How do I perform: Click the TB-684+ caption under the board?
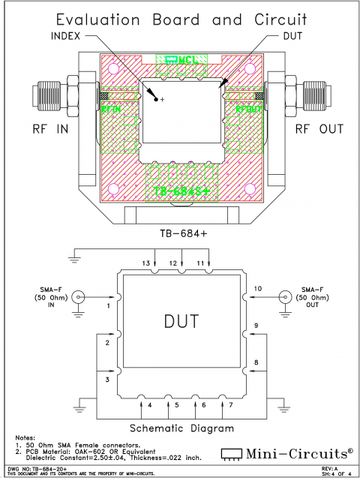pyautogui.click(x=180, y=233)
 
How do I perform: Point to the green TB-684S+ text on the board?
pyautogui.click(x=181, y=192)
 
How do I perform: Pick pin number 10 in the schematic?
pyautogui.click(x=257, y=288)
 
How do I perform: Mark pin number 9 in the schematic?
pyautogui.click(x=256, y=325)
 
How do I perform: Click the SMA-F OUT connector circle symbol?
pyautogui.click(x=285, y=297)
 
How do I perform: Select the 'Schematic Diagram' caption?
pyautogui.click(x=180, y=428)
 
